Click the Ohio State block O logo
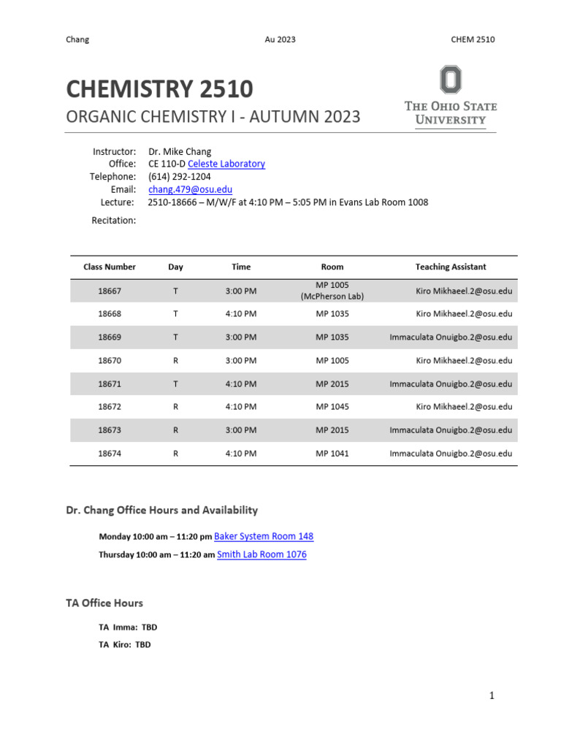(450, 80)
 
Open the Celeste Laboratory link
(226, 164)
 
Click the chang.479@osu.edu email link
(190, 189)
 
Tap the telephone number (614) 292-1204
(179, 177)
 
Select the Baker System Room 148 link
(264, 536)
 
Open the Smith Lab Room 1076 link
(262, 554)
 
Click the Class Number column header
(110, 267)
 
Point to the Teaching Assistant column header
(450, 267)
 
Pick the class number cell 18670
(110, 361)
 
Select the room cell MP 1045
(332, 407)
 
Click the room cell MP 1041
(332, 454)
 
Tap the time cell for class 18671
(241, 384)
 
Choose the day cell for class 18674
(175, 454)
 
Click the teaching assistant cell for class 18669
(451, 337)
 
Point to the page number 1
(492, 696)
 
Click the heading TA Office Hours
(104, 603)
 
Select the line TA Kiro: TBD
(125, 645)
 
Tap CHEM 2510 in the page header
(473, 39)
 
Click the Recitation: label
(113, 221)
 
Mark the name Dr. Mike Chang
(180, 152)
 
